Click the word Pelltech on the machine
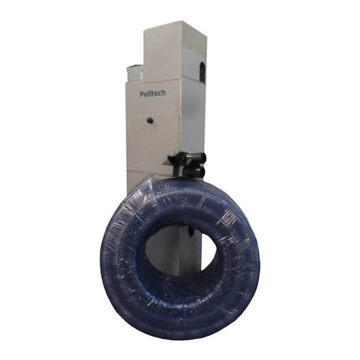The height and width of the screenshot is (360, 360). (153, 94)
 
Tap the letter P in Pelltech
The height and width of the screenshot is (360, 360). (142, 94)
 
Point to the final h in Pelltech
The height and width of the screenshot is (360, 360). (163, 93)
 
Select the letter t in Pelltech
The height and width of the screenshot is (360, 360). (153, 94)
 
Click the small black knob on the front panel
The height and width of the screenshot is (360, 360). (150, 120)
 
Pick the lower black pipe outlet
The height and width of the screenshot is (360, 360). (194, 171)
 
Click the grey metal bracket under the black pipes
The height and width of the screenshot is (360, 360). (170, 163)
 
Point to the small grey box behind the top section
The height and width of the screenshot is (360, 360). (135, 73)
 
